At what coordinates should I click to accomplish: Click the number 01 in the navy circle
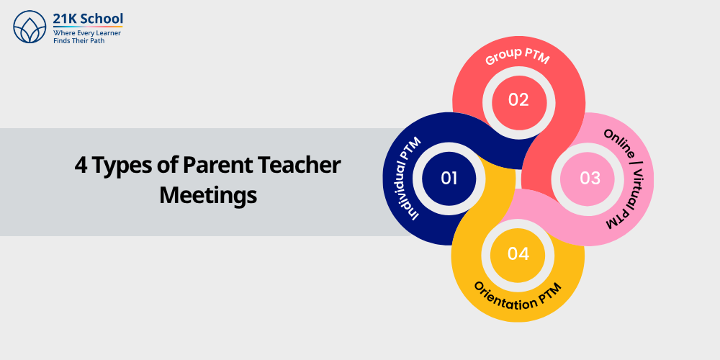(x=449, y=178)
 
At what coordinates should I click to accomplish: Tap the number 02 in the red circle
(x=518, y=99)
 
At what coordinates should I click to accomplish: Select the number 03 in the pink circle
(x=590, y=178)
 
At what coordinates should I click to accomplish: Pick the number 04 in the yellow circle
(x=518, y=253)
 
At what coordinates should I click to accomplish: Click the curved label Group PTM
(x=517, y=57)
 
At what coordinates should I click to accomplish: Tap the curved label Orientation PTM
(x=518, y=298)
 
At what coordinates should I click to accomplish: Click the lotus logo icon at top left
(x=30, y=27)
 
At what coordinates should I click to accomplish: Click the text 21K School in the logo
(x=88, y=18)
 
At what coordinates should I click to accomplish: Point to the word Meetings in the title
(x=208, y=195)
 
